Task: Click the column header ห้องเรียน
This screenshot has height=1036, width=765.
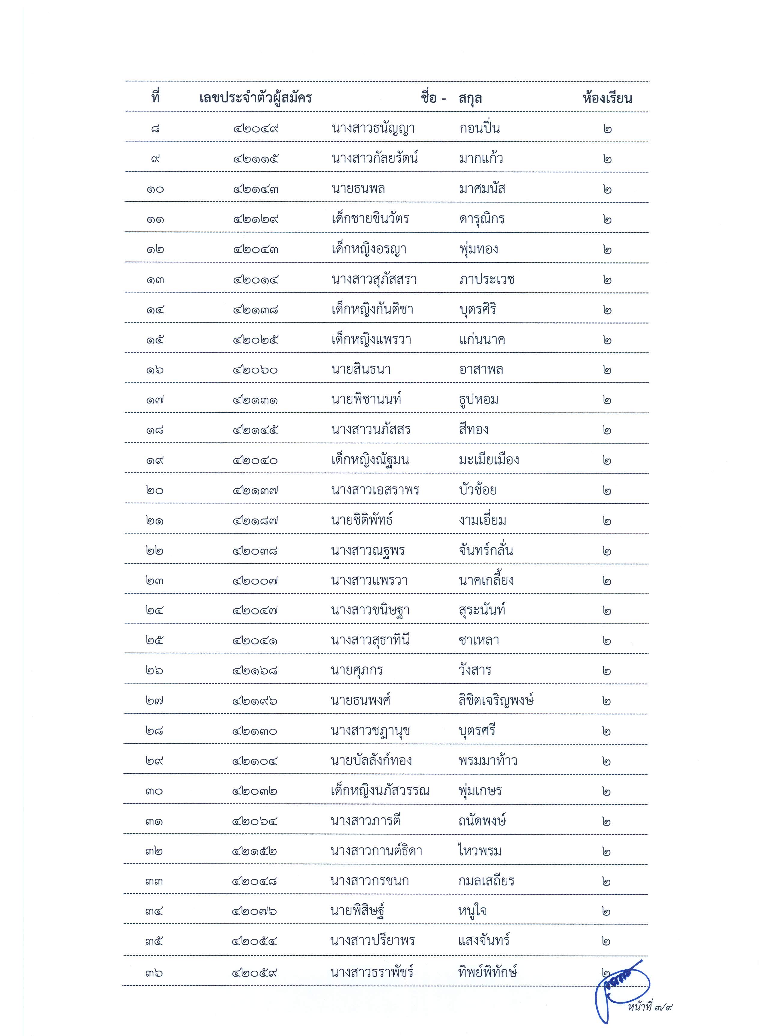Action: click(x=607, y=98)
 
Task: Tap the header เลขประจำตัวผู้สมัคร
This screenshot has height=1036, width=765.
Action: click(x=256, y=98)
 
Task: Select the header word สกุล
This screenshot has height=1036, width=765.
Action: click(x=470, y=98)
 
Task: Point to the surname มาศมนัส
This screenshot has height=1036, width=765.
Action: click(x=481, y=189)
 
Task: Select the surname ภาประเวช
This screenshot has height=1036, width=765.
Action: click(x=487, y=279)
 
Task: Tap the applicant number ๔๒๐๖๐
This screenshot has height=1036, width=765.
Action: click(x=256, y=370)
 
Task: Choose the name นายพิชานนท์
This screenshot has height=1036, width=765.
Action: click(x=366, y=400)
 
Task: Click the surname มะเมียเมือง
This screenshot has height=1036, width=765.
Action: click(x=489, y=460)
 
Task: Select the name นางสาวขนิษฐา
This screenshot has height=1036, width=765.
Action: click(x=370, y=611)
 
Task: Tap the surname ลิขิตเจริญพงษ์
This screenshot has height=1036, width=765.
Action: click(x=496, y=700)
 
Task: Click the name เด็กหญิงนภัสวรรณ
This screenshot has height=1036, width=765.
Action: click(x=380, y=791)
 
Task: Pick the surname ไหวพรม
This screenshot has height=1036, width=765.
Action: click(x=480, y=851)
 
